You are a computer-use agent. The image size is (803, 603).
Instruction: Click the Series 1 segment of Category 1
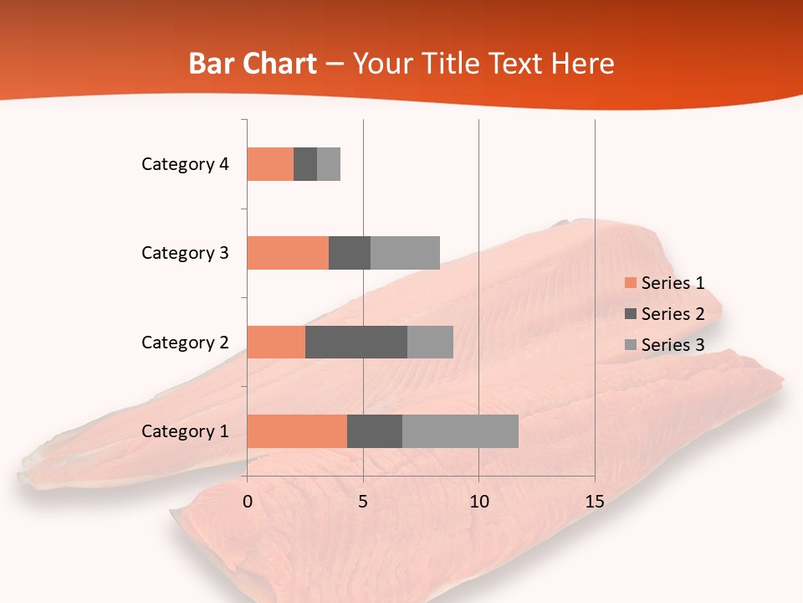(x=297, y=431)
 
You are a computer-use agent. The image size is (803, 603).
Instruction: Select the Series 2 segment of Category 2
(x=356, y=342)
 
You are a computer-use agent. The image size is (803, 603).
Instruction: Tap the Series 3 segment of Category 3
(x=405, y=253)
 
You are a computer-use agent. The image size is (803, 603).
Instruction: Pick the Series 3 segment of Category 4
(x=329, y=164)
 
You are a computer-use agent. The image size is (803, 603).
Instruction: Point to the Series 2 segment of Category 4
(x=305, y=164)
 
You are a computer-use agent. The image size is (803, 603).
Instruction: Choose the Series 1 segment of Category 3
(x=288, y=253)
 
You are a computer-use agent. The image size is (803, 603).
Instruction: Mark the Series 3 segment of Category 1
(x=460, y=431)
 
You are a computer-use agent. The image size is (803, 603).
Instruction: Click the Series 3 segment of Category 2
(x=430, y=342)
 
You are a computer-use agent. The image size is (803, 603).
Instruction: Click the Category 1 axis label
(x=185, y=431)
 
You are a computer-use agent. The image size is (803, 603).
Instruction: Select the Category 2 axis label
(x=185, y=342)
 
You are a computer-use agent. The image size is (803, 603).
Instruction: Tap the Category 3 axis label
(x=185, y=253)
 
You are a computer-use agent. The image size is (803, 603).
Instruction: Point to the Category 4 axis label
(x=185, y=164)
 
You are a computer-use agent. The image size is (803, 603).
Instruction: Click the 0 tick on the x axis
(x=248, y=502)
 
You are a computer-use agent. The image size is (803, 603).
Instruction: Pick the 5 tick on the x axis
(x=363, y=502)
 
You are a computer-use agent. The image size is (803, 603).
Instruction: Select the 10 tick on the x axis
(x=478, y=502)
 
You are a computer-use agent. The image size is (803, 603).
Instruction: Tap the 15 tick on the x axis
(x=594, y=502)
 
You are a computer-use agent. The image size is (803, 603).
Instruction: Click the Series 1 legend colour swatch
(x=630, y=283)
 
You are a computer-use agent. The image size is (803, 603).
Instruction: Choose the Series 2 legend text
(x=673, y=314)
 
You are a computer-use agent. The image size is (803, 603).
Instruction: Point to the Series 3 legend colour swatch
(x=630, y=345)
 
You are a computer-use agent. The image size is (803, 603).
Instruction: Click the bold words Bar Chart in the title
(x=253, y=64)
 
